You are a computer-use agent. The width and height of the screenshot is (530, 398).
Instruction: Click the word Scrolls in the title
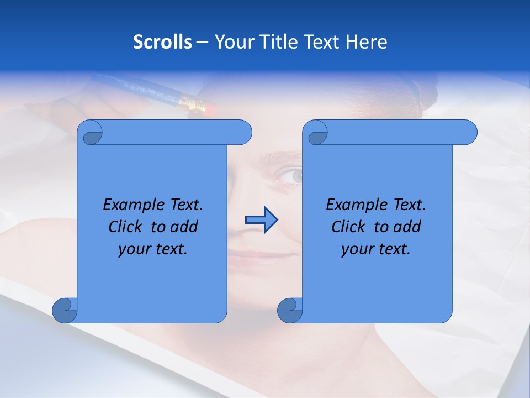pos(163,41)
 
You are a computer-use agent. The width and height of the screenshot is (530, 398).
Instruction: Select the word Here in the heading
pos(367,41)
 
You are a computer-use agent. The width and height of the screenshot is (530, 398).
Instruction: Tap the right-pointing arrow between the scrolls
pos(261,220)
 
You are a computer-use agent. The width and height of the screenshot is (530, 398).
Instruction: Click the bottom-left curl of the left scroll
pos(65,310)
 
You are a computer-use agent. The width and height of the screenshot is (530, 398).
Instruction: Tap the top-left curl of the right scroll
pos(317,133)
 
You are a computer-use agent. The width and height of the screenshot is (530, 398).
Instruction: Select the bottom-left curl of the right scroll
pos(289,310)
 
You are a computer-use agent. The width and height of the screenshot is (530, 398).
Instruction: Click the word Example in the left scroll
pos(128,205)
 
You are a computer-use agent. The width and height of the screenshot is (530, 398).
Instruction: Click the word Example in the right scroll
pos(351,205)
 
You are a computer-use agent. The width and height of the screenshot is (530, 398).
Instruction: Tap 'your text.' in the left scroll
pos(153,249)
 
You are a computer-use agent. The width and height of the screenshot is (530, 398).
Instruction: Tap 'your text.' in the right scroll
pos(376,249)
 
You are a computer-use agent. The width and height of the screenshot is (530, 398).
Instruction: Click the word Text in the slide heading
pos(322,41)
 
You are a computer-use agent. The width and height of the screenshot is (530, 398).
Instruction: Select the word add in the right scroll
pos(407,227)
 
